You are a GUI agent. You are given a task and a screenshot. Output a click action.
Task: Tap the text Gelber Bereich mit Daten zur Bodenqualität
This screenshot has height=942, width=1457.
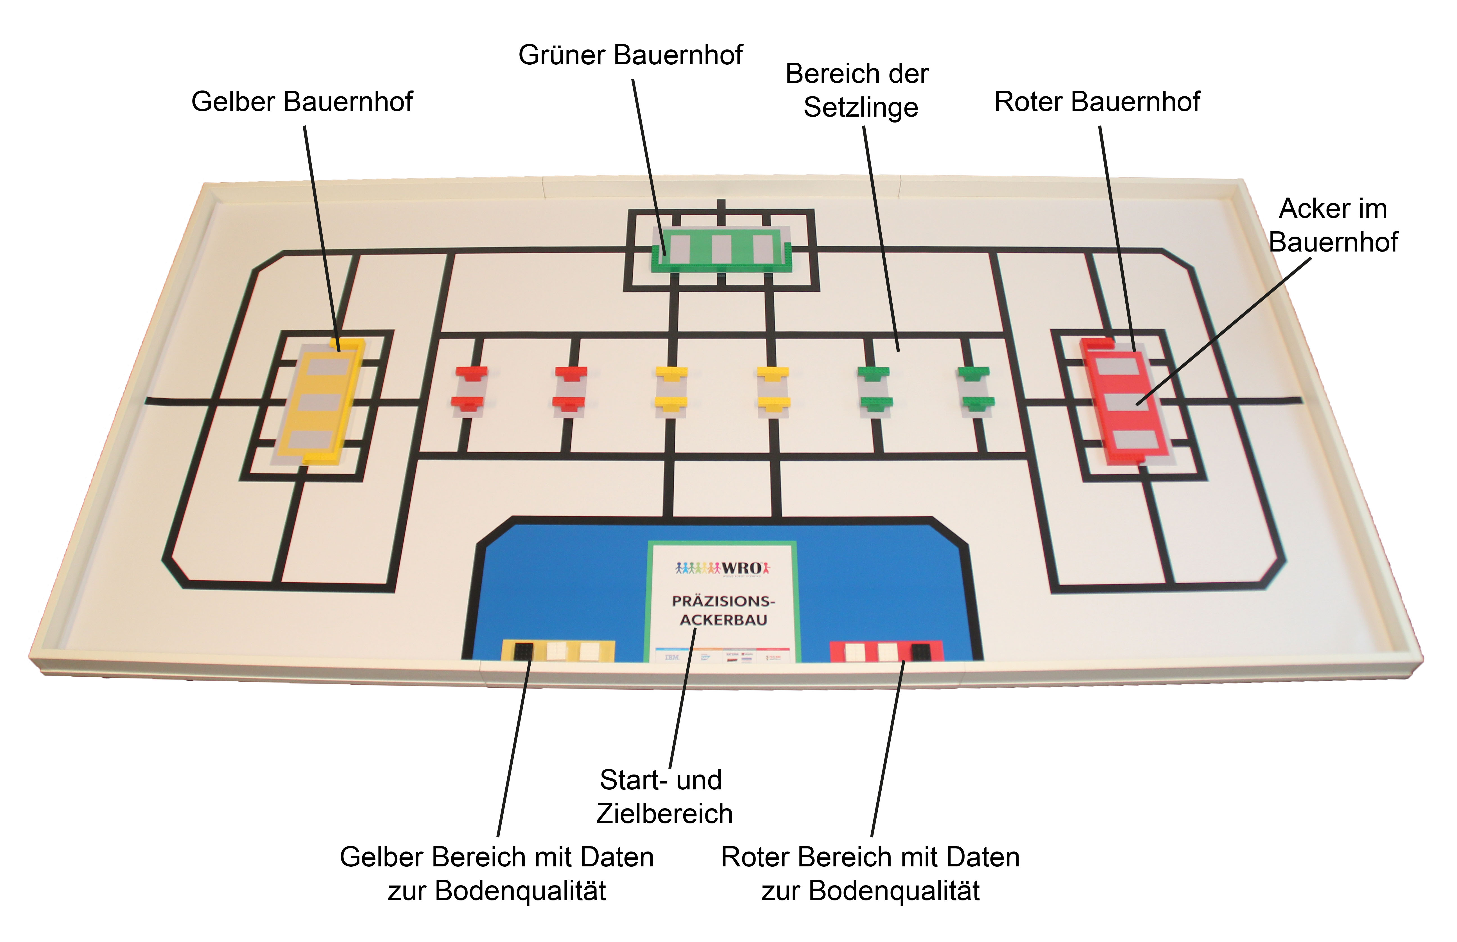coord(497,873)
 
